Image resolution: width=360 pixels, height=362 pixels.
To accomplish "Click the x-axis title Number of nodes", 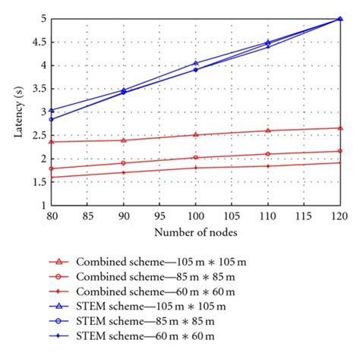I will pyautogui.click(x=195, y=230).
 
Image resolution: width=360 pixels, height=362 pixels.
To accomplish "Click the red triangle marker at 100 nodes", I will pyautogui.click(x=196, y=134).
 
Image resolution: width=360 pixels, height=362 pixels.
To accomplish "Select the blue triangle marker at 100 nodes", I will pyautogui.click(x=196, y=63).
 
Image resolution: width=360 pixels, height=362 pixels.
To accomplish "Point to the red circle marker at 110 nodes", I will pyautogui.click(x=268, y=154).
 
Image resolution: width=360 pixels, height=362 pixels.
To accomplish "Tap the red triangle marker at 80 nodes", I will pyautogui.click(x=51, y=141).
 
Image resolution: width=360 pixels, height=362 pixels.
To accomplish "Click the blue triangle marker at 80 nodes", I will pyautogui.click(x=51, y=110).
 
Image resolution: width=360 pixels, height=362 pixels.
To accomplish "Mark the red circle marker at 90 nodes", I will pyautogui.click(x=123, y=163).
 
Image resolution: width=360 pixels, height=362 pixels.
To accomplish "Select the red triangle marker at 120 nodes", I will pyautogui.click(x=340, y=127).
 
